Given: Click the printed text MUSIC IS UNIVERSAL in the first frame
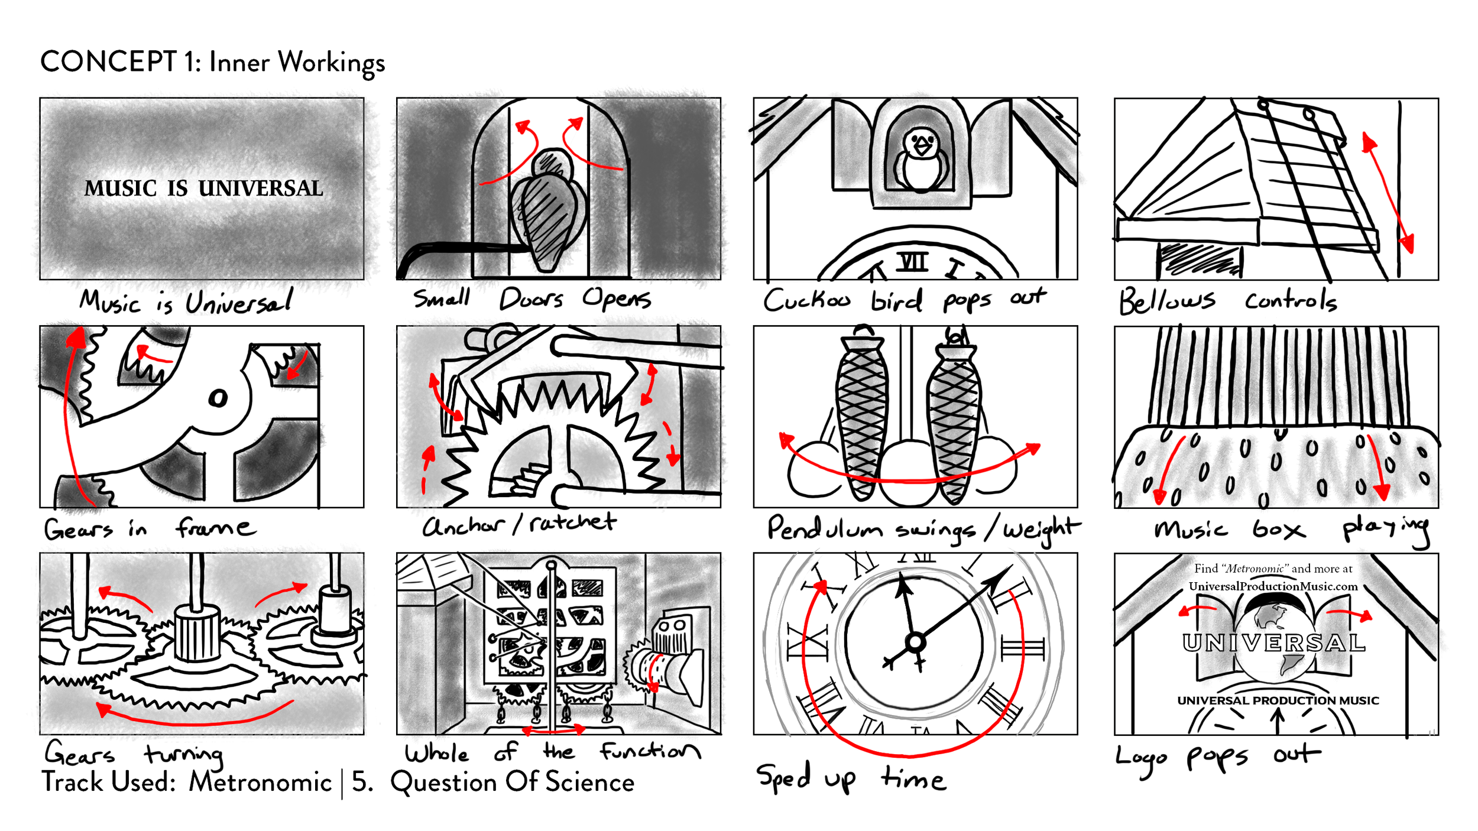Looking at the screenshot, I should click(x=203, y=189).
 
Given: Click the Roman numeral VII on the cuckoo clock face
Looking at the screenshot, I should click(x=913, y=262).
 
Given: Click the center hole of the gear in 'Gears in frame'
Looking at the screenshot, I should click(x=218, y=398).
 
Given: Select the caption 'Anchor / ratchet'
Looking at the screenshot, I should click(x=519, y=524).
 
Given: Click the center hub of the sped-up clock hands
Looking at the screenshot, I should click(x=915, y=642).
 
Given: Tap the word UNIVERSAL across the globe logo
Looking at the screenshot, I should click(x=1274, y=643).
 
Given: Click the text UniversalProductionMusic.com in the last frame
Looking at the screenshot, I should click(x=1273, y=586).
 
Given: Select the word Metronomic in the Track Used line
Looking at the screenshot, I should click(x=260, y=782).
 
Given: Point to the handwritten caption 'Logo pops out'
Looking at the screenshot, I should click(x=1217, y=757).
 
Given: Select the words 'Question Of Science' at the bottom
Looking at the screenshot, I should click(x=512, y=782).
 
